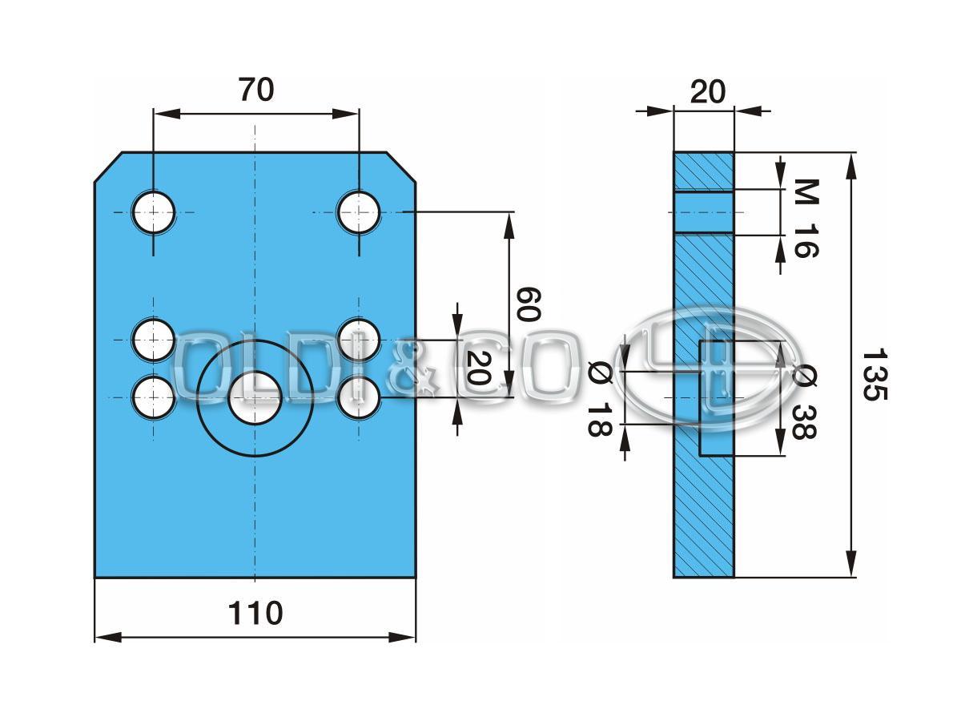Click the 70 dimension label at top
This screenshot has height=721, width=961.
point(255,91)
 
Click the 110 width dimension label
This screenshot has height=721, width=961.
point(255,614)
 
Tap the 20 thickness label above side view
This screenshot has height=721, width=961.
point(707,92)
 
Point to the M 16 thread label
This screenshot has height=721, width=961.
point(806,218)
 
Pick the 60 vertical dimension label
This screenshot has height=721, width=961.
point(527,304)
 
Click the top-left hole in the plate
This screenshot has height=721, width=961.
point(154,212)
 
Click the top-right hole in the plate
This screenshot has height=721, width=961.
point(358,212)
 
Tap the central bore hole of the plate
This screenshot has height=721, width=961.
point(255,397)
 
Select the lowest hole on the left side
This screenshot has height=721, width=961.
point(153,397)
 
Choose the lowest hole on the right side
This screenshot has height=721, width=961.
point(358,397)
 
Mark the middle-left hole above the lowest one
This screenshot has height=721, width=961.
point(153,340)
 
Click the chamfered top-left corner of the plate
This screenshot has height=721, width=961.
point(108,167)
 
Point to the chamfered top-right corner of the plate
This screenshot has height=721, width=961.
point(401,167)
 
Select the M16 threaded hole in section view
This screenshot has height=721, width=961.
point(703,212)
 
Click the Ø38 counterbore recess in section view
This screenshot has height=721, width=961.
point(717,398)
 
